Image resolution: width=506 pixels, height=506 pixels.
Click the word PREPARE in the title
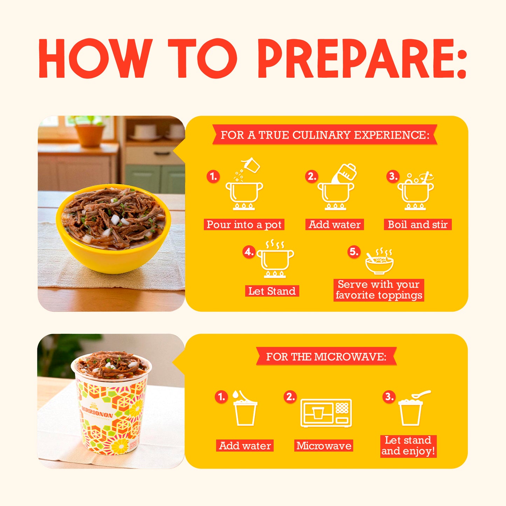(x=362, y=59)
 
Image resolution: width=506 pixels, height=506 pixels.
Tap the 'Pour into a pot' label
(x=244, y=224)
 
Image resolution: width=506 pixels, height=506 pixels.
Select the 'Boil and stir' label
(x=417, y=224)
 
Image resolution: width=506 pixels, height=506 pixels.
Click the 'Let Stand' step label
(x=272, y=291)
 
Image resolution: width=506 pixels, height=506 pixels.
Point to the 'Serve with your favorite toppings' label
(x=379, y=290)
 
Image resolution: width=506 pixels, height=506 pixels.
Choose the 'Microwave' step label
(x=324, y=446)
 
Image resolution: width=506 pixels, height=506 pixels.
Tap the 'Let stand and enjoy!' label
(x=408, y=446)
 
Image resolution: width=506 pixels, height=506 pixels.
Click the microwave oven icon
(x=326, y=413)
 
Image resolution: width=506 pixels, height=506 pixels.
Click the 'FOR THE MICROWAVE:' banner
(x=326, y=356)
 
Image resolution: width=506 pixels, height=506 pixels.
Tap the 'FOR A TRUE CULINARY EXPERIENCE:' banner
(x=325, y=135)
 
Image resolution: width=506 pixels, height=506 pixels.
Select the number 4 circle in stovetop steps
(x=249, y=252)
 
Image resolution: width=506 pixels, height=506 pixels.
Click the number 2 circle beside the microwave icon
(x=290, y=397)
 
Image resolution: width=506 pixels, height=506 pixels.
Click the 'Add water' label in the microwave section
(x=245, y=446)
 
